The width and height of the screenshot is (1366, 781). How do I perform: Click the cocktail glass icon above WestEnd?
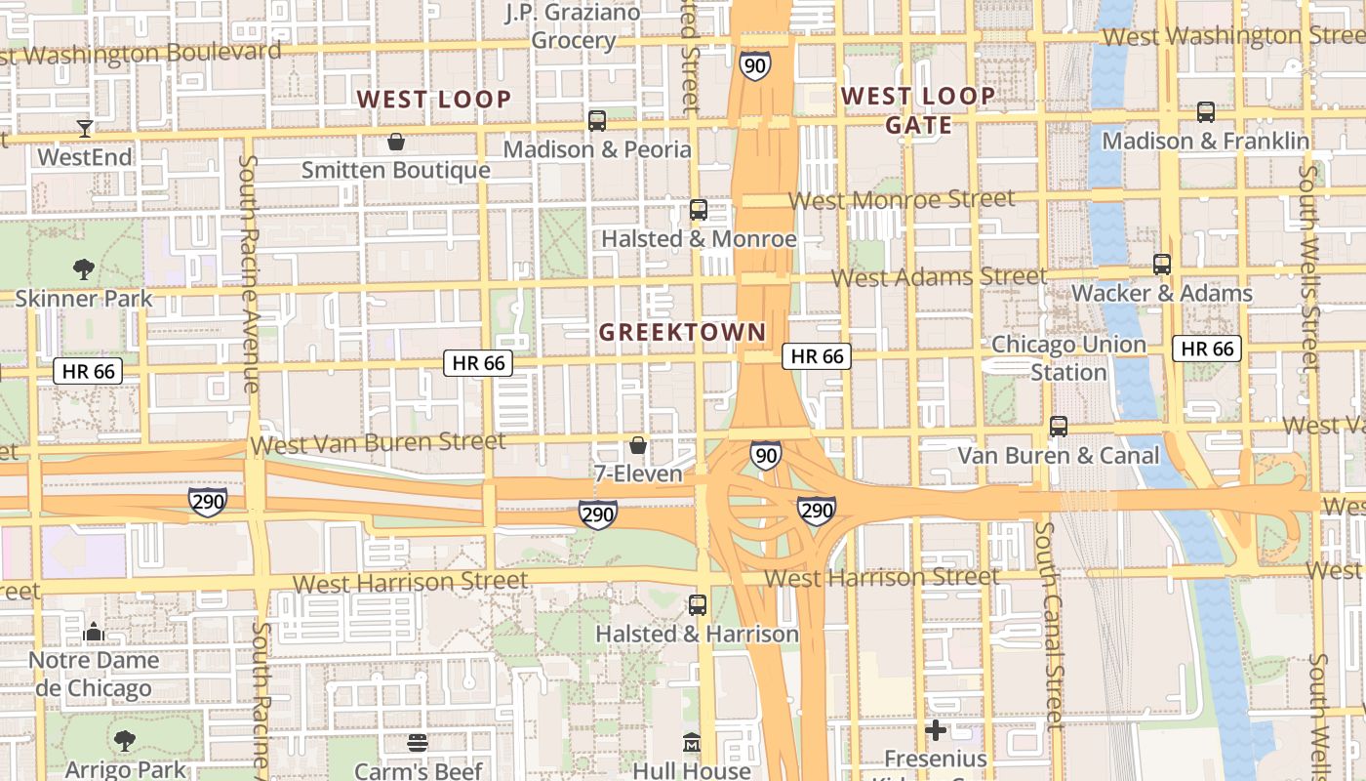point(85,128)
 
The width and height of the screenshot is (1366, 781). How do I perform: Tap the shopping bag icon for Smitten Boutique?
point(396,142)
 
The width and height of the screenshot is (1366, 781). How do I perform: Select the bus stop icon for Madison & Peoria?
point(597,121)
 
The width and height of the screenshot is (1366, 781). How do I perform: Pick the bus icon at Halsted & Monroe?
point(698,209)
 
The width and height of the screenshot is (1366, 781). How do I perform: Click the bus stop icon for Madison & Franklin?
point(1206,112)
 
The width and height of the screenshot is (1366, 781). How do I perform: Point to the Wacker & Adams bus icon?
point(1161,264)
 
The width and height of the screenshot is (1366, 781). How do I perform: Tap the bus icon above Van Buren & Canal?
point(1059,426)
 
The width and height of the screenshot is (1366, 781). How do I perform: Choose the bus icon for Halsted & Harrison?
point(698,604)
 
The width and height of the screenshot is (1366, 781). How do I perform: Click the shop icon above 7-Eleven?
point(638,445)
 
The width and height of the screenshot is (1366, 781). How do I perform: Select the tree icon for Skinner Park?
point(84,268)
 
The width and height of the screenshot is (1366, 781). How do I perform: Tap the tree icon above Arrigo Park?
point(125,741)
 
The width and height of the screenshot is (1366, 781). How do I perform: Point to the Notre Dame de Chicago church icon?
point(94,632)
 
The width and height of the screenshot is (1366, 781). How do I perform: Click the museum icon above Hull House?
point(692,742)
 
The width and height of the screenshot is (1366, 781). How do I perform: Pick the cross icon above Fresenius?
point(936,729)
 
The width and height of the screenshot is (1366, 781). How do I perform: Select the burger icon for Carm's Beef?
point(418,743)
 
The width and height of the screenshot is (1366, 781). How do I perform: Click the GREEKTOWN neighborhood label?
point(682,332)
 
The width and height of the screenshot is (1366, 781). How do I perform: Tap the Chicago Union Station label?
point(1068,358)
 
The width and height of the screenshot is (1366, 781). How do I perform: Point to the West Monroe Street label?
point(902,200)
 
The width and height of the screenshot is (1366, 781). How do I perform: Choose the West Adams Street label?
point(940,277)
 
